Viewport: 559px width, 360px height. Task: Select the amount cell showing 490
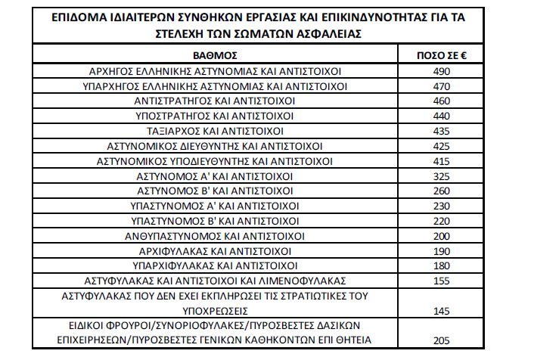pos(442,71)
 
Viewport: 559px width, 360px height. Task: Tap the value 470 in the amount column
pos(442,86)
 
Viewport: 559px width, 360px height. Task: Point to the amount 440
pos(442,116)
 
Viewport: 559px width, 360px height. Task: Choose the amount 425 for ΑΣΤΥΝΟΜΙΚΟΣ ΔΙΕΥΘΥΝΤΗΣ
pos(442,145)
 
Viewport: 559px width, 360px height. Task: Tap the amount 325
pos(442,175)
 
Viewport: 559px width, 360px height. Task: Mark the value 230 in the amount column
pos(442,205)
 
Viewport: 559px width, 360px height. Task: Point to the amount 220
pos(442,220)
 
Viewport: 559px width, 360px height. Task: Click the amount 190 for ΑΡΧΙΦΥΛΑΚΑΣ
pos(442,250)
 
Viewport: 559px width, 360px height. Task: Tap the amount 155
pos(442,280)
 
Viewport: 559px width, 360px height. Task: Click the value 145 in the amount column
pos(442,310)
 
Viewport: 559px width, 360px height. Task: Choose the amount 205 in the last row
pos(442,340)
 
